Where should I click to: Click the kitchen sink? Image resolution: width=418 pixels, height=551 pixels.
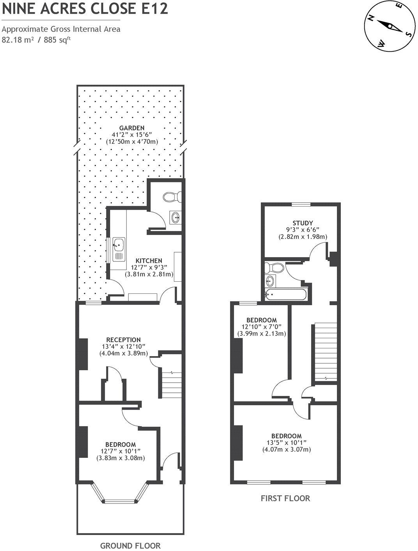(x=119, y=249)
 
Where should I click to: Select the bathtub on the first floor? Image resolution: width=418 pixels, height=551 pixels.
(x=285, y=294)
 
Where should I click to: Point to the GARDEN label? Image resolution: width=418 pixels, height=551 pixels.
(x=132, y=128)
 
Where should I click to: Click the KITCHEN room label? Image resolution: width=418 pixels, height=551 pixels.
(x=149, y=261)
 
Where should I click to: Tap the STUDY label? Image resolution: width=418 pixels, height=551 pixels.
(x=303, y=223)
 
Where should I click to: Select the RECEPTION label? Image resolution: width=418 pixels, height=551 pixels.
(x=123, y=340)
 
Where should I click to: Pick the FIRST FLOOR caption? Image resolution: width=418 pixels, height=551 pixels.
(x=285, y=498)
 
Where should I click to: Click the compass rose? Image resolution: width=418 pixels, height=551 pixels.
(x=389, y=26)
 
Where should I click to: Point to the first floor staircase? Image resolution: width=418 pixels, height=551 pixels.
(x=324, y=351)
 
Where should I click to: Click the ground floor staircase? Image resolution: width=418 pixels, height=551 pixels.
(x=172, y=384)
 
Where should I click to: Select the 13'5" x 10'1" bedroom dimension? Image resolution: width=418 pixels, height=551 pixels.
(x=287, y=443)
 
